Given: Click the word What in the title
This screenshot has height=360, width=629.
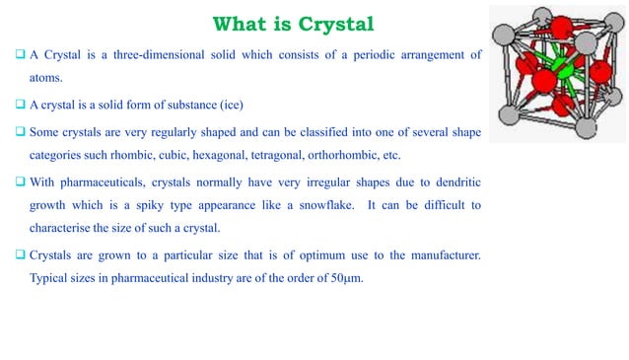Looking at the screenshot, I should (245, 23).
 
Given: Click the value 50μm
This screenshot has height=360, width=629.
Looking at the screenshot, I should (345, 281).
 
